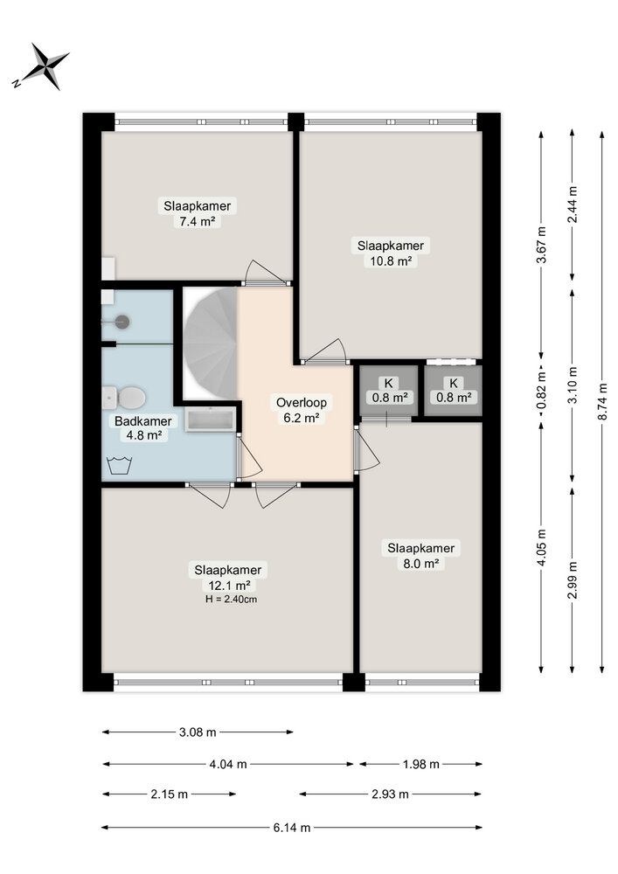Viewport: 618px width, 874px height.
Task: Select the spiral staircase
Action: click(211, 343)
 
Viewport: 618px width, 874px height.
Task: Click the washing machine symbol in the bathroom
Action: click(119, 465)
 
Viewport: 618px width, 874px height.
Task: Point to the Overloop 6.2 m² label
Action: click(302, 410)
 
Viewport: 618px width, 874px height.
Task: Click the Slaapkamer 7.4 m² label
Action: click(198, 213)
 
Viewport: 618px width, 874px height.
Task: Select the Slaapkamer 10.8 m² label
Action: click(391, 253)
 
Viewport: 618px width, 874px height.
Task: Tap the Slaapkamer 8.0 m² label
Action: click(420, 555)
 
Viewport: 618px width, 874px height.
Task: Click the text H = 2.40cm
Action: click(232, 600)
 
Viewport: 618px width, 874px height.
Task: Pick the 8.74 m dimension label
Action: click(602, 401)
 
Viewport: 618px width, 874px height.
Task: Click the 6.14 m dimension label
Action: click(291, 828)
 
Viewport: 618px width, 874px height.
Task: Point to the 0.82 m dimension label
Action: click(540, 390)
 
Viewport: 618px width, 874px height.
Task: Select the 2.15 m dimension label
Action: click(169, 794)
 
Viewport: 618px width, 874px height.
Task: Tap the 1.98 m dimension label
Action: click(420, 764)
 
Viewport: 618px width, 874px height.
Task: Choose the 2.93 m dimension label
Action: click(390, 794)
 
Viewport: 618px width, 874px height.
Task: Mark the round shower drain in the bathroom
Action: click(122, 322)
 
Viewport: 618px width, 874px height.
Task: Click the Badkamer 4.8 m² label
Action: click(143, 428)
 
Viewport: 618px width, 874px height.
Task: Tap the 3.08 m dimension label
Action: click(198, 732)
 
